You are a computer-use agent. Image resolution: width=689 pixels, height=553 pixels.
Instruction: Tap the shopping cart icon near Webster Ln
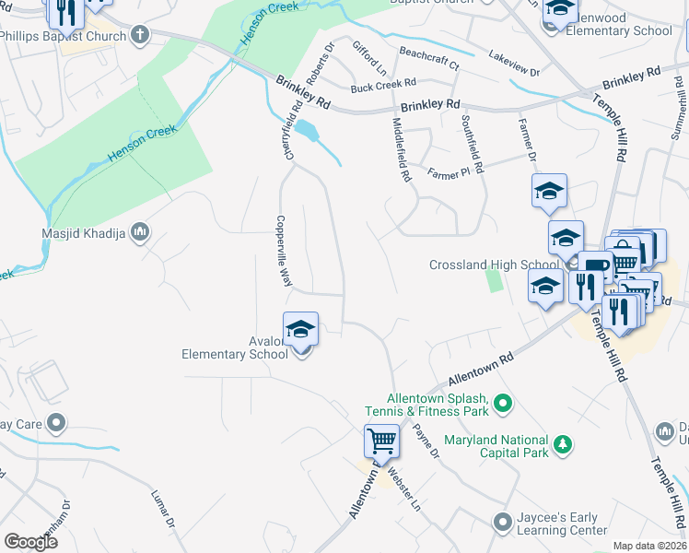point(381,440)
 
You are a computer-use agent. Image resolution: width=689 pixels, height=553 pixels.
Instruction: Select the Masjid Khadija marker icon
point(140,230)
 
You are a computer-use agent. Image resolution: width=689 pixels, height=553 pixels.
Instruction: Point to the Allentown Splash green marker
point(503,402)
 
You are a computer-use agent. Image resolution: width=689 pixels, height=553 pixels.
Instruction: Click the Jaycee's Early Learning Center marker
point(502,523)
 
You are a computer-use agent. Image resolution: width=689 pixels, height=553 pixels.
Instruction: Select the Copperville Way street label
point(284,253)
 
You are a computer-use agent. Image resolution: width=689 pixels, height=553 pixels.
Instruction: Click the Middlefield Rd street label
point(401,148)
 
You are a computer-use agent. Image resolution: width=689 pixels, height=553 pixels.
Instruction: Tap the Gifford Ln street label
point(369,57)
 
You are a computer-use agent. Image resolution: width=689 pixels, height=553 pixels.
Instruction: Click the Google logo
point(30,541)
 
